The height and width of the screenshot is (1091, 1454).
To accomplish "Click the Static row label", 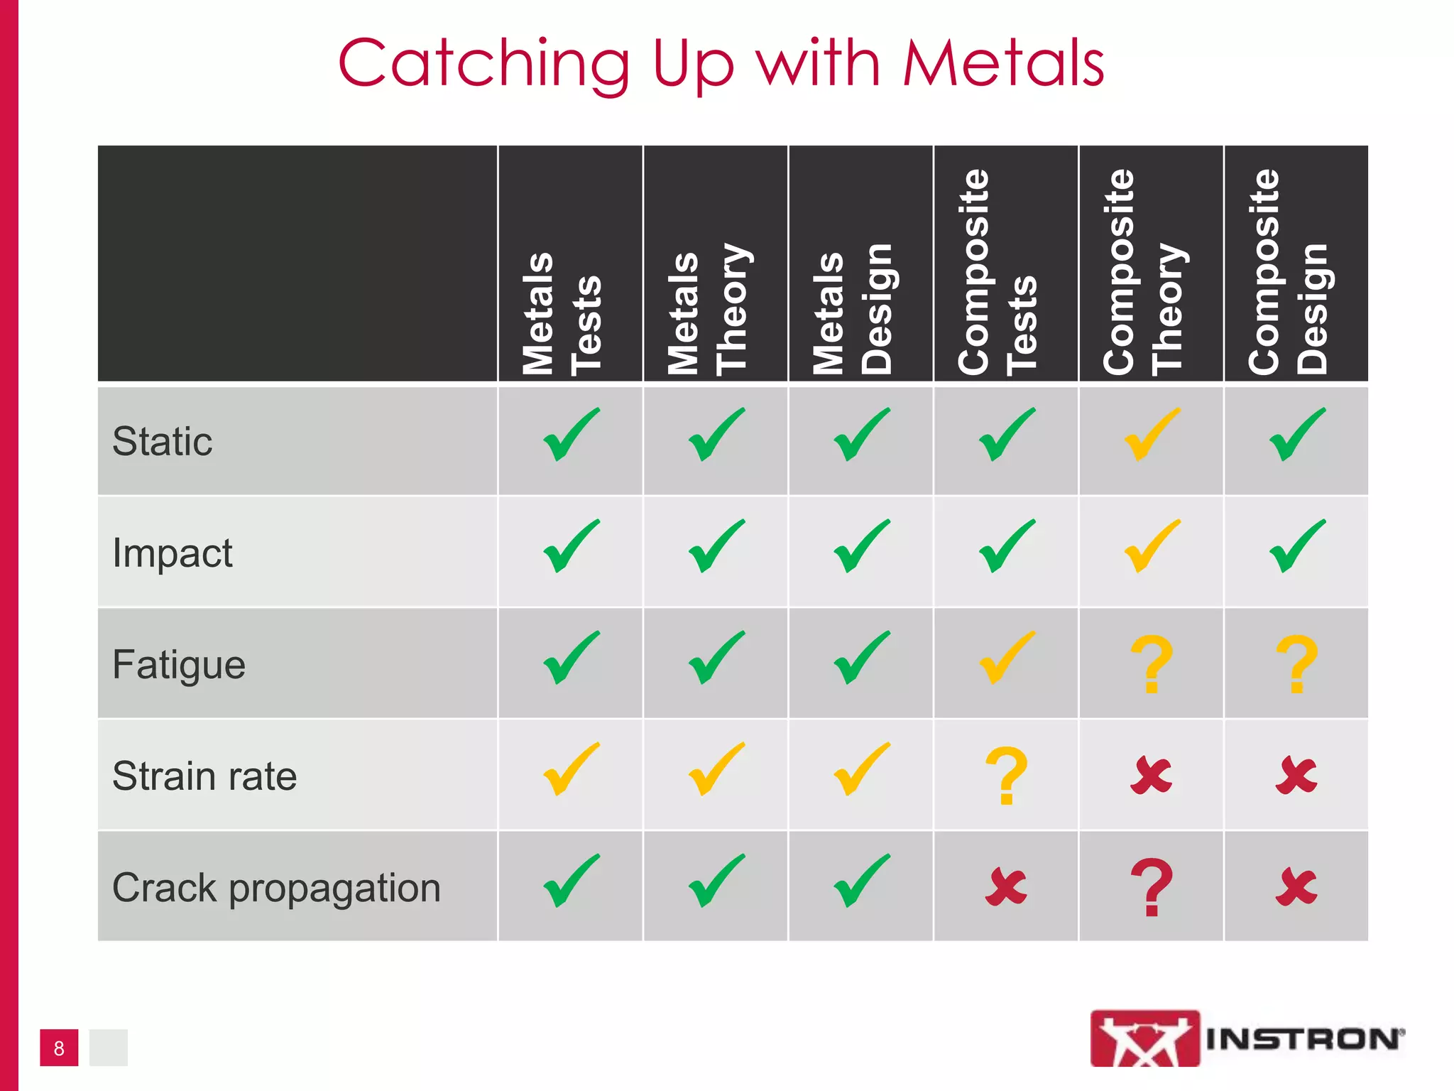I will [x=163, y=441].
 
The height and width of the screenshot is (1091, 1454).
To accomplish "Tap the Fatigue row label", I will [x=179, y=665].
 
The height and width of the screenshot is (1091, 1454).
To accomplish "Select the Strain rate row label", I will [x=204, y=776].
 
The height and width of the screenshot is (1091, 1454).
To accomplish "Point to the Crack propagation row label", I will [x=276, y=888].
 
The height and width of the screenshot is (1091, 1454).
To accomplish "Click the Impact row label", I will [x=173, y=553].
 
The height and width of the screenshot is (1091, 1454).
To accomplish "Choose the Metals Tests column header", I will [x=562, y=313].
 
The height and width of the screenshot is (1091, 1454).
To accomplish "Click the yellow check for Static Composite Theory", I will [x=1152, y=434].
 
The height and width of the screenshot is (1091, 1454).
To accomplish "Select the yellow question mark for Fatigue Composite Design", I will [x=1296, y=664].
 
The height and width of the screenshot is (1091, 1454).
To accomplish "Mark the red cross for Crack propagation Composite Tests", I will [x=1006, y=886].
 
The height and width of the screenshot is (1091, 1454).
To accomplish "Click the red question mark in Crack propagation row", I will [x=1152, y=887].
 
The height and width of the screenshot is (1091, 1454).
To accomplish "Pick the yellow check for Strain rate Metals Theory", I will [x=716, y=769].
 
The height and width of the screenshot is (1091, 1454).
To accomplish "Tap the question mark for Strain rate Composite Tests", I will [x=1006, y=776].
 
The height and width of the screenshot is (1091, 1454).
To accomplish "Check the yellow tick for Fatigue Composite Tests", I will [x=1007, y=657].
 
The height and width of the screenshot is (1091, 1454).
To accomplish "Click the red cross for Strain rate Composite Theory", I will [x=1151, y=775].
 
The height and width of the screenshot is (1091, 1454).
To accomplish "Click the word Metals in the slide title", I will [x=1002, y=64].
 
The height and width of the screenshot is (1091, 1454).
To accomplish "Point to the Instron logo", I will [x=1247, y=1038].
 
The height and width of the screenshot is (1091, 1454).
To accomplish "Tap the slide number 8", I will [x=59, y=1048].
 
